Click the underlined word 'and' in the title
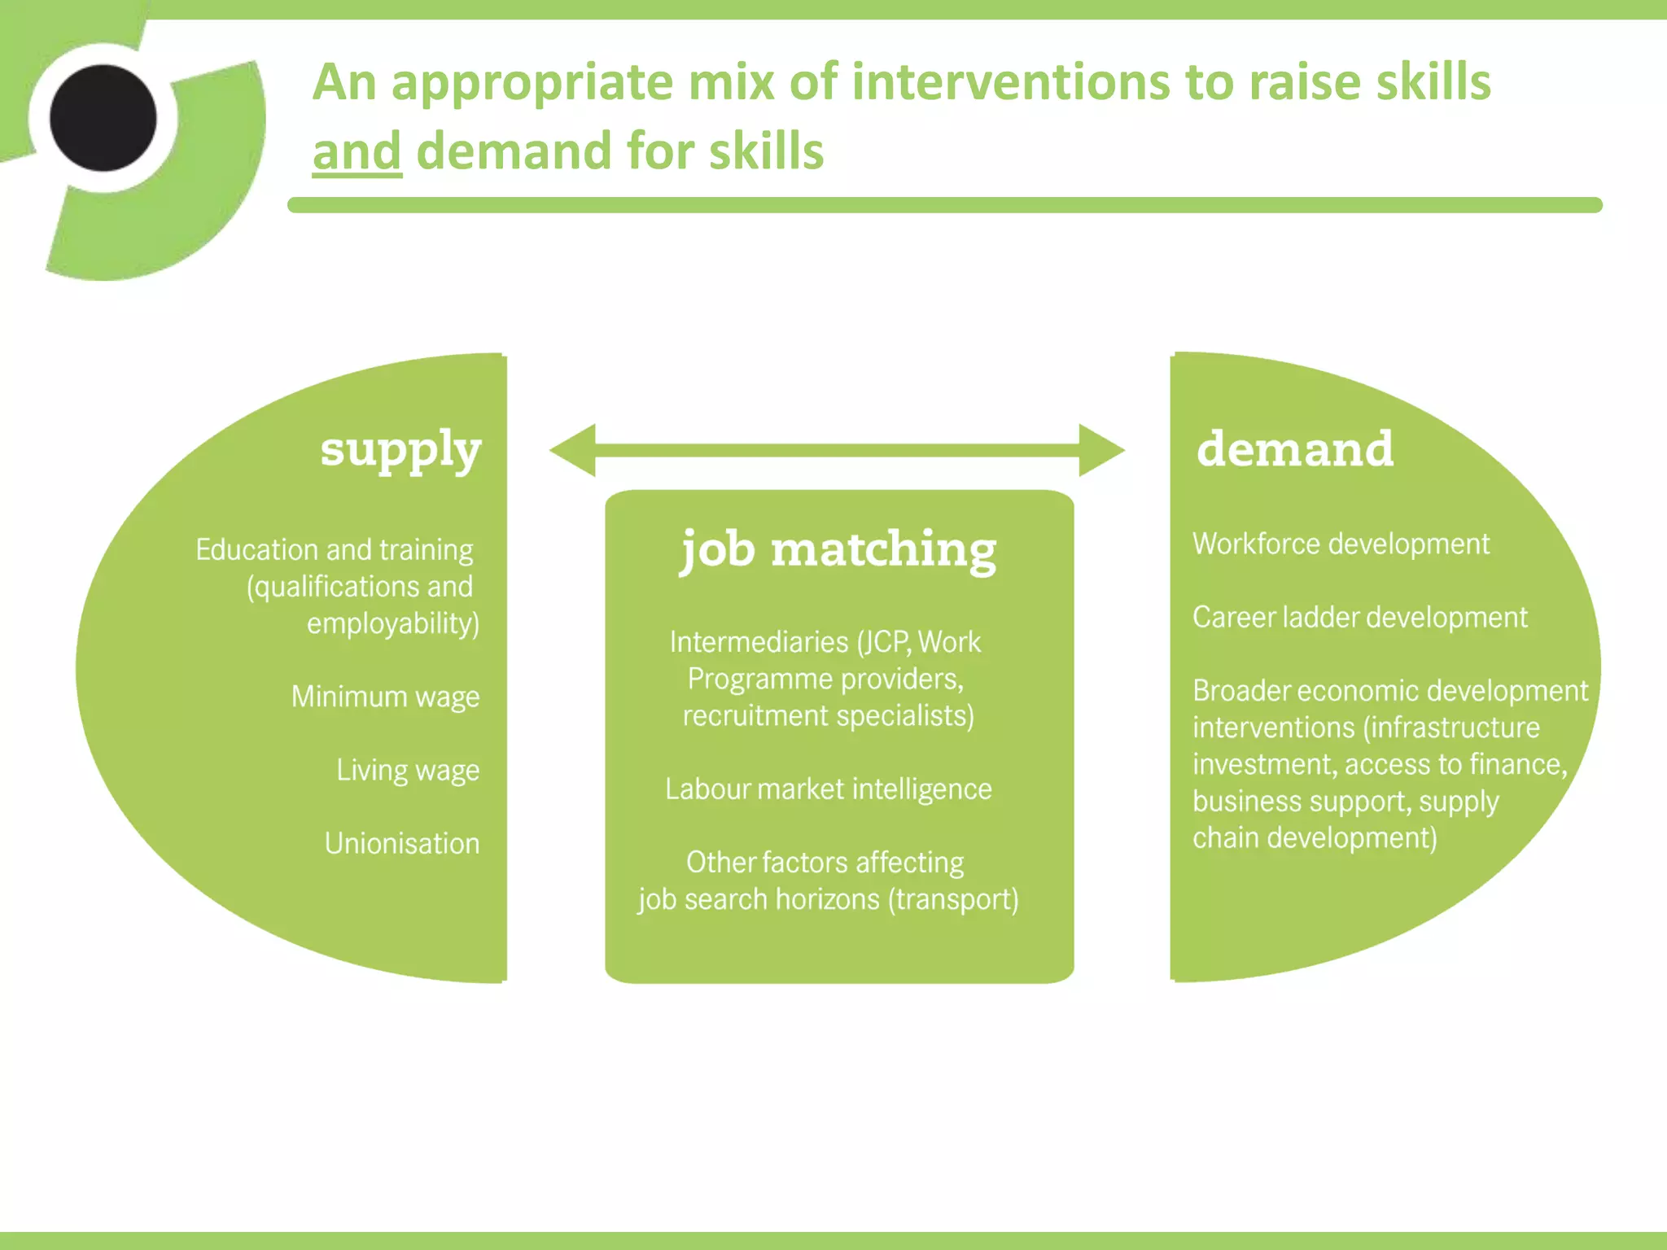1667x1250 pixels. pos(357,152)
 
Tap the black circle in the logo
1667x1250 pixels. pos(103,118)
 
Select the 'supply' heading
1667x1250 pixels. pos(400,450)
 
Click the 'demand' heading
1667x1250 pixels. pos(1295,448)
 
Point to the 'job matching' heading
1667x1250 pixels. pos(838,550)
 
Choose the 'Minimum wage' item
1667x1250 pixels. pos(385,697)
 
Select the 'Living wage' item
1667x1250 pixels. pos(408,771)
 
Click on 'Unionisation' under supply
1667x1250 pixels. pos(402,844)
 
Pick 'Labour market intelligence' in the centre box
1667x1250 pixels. pos(828,789)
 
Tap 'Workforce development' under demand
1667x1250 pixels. pos(1341,544)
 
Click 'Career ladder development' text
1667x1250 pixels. pos(1359,618)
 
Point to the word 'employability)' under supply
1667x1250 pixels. pos(393,624)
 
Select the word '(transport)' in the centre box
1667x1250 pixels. pos(953,900)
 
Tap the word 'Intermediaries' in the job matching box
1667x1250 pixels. pos(759,643)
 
